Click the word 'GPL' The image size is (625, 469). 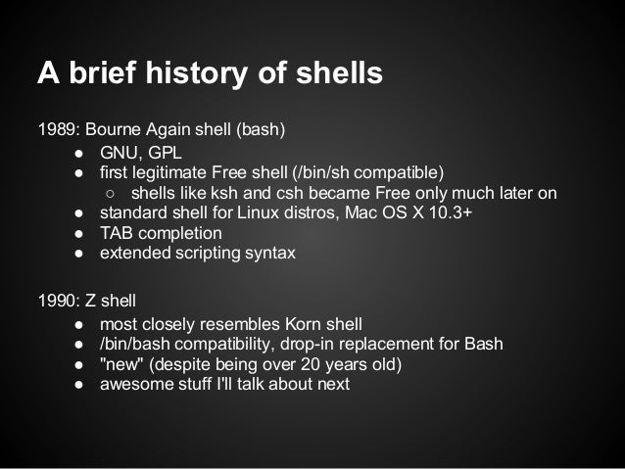[166, 153]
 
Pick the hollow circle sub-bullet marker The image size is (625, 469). [113, 193]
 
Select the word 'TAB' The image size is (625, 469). [117, 233]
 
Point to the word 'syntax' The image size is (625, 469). [267, 253]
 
